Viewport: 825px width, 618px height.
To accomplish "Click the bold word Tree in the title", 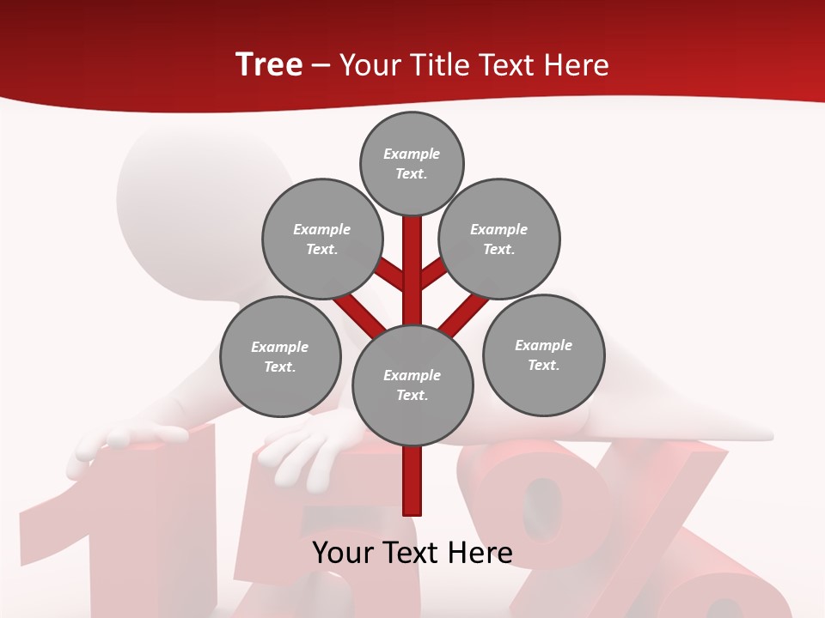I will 269,65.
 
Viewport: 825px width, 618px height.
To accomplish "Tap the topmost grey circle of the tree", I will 412,163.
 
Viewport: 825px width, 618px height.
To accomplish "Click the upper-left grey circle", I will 322,239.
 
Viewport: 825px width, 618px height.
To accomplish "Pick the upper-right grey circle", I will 499,239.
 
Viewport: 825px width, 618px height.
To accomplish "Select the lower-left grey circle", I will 280,357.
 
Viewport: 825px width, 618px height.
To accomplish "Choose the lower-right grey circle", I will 543,355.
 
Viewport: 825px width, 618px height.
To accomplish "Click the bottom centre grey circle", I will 412,385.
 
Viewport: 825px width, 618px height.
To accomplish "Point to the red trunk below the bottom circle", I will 412,481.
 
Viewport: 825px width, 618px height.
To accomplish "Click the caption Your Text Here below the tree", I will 412,553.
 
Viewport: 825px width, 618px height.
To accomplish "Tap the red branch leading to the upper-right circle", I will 432,275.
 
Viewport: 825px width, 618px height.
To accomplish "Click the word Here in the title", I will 574,65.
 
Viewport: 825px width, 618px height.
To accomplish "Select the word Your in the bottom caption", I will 342,553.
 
